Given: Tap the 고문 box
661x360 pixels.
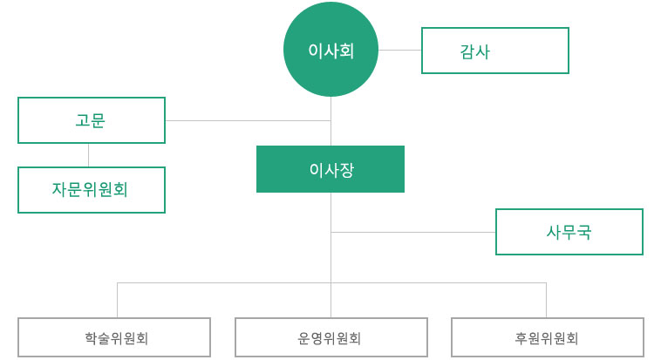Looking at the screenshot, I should tap(92, 120).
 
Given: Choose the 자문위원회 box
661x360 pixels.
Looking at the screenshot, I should tap(92, 190).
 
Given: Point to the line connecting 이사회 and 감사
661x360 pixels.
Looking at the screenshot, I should tap(399, 51).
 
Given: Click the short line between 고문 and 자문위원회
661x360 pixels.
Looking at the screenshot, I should tap(88, 155).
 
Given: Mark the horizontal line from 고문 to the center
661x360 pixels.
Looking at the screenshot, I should tap(249, 120).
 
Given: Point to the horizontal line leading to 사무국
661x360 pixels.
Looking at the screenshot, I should tap(414, 232).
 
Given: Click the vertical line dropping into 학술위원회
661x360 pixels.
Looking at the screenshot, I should tap(118, 301).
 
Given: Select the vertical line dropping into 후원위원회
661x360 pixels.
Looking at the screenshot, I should tap(546, 301).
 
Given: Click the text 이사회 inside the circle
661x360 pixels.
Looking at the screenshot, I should tap(330, 51).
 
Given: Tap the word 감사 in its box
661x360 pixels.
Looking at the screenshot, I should tap(474, 51).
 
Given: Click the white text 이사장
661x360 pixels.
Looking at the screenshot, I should tap(331, 170).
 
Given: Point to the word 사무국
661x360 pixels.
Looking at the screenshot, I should tap(569, 232).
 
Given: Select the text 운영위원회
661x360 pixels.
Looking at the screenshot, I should tap(330, 338).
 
